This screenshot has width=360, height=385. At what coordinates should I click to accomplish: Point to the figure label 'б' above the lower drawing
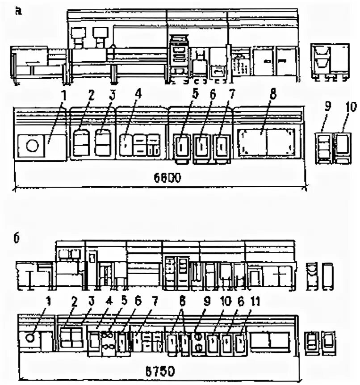click(x=17, y=239)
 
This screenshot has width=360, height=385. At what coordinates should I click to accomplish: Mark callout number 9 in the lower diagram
click(x=206, y=301)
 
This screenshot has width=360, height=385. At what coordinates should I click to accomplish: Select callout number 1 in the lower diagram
click(x=49, y=301)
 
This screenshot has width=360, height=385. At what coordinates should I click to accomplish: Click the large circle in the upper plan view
click(x=32, y=146)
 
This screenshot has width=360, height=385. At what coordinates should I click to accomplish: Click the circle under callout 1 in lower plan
click(x=30, y=338)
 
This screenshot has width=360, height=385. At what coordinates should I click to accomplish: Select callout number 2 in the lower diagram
click(x=74, y=301)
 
